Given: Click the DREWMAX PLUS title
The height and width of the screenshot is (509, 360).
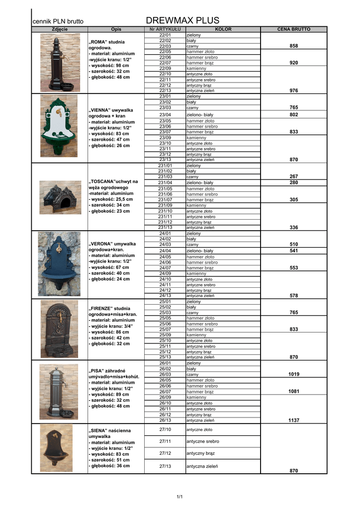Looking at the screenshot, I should (x=183, y=20).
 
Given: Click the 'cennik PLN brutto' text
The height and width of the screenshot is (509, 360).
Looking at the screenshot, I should (x=58, y=21).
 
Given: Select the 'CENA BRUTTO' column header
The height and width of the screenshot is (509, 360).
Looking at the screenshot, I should (x=293, y=29).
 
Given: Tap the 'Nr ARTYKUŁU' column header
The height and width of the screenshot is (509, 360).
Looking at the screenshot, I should (x=165, y=29).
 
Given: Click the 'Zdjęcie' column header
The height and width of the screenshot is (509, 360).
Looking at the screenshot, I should (x=60, y=29).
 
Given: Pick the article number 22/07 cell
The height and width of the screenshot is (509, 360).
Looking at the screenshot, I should (x=165, y=63).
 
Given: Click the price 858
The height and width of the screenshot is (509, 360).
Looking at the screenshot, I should (x=293, y=46).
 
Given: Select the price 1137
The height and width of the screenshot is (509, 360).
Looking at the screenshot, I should (x=293, y=421).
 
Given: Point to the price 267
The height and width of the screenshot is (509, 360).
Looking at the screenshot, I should (x=293, y=176).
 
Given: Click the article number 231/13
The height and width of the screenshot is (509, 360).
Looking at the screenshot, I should (x=165, y=228).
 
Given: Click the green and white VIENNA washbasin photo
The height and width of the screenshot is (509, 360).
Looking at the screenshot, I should (x=59, y=128).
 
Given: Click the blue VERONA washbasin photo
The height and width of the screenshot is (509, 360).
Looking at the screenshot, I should (x=59, y=264).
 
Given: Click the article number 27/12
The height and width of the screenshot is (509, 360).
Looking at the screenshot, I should (x=165, y=453).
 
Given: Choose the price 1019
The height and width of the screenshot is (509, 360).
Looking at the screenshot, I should (x=293, y=374).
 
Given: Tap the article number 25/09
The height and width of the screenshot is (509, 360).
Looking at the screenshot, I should (x=165, y=335).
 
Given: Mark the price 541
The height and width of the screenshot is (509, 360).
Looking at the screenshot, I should (x=293, y=251).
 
